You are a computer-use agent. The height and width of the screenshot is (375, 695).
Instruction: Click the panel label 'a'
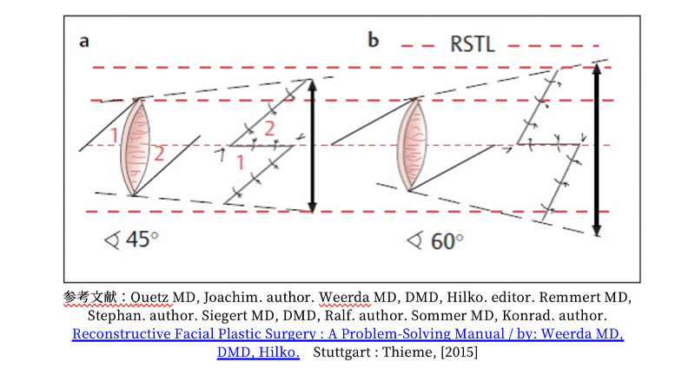pos(84,41)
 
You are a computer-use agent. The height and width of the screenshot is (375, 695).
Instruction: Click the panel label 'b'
pos(374,41)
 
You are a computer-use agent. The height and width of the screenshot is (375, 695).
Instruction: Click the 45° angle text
pos(138,238)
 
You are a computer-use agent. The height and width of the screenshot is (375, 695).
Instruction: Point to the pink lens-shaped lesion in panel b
pos(414,145)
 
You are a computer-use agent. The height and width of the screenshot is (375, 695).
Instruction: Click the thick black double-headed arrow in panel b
pos(596,149)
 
